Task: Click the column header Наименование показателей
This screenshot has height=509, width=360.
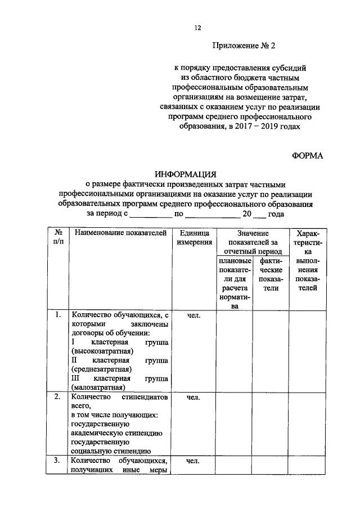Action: pos(120,232)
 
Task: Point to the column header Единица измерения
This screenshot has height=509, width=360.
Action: pos(194,237)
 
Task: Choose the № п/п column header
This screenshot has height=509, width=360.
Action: pos(58,237)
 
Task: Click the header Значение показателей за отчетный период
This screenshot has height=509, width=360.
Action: pos(252,242)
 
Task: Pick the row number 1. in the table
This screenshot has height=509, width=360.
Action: pos(58,315)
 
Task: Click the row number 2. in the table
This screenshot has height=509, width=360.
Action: pos(58,397)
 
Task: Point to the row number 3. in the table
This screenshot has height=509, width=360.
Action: pos(58,461)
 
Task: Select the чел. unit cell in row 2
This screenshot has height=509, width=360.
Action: pos(194,397)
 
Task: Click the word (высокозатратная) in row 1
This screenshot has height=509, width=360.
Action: pos(102,351)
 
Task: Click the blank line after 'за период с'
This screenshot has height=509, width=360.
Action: pos(152,214)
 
